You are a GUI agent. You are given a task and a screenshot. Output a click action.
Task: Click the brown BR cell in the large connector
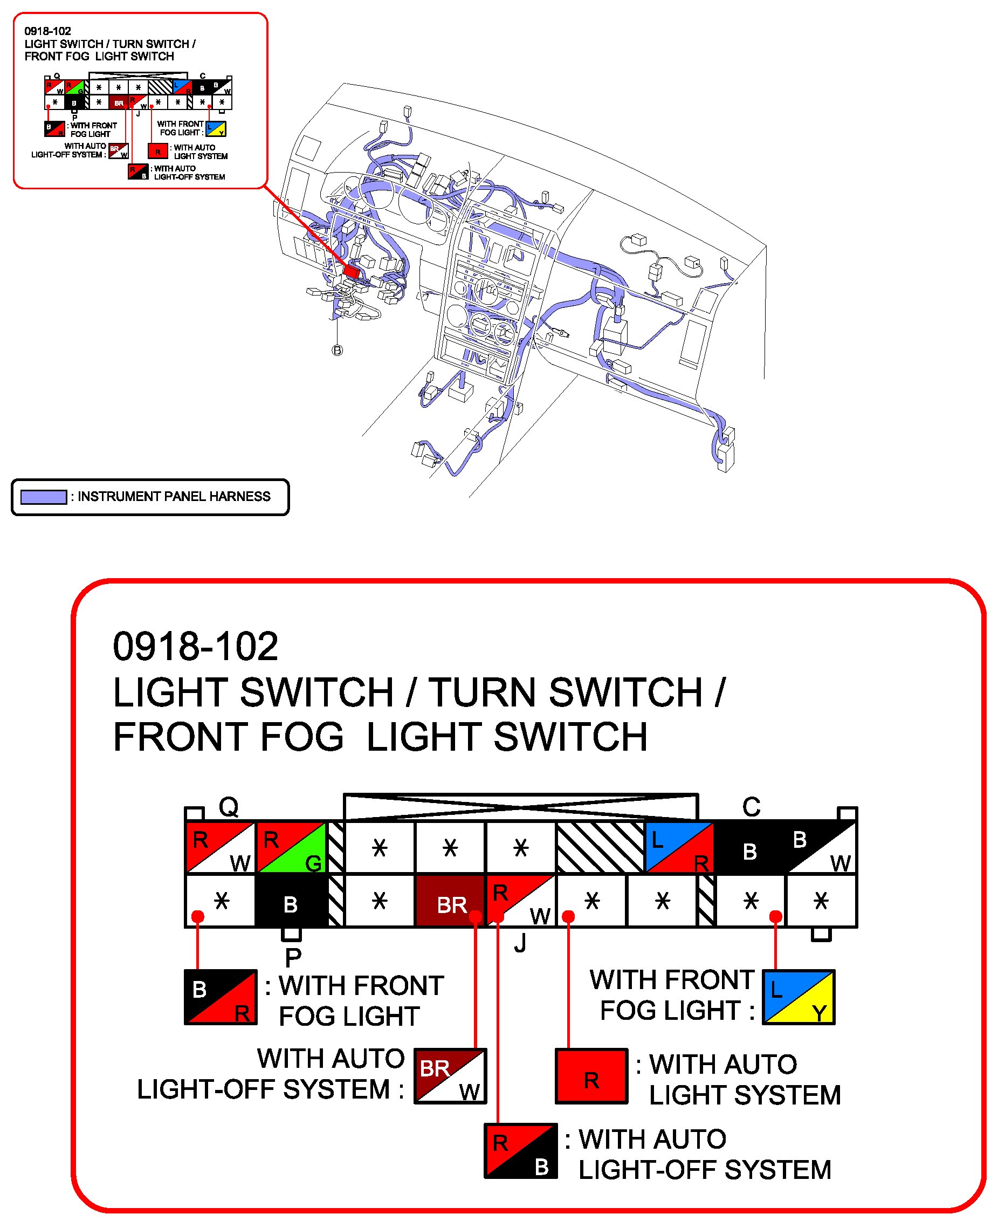450,901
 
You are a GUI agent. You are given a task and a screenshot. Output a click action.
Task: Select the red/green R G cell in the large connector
292,847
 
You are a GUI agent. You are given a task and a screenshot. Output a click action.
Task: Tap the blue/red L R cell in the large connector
679,847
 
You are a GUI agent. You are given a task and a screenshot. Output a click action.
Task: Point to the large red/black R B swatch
521,1151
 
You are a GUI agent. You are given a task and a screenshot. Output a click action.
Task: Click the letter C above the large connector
752,807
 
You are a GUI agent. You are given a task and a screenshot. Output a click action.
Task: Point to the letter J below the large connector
520,943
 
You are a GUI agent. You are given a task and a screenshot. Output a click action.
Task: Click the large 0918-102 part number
196,647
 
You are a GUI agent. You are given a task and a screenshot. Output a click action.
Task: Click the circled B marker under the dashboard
338,350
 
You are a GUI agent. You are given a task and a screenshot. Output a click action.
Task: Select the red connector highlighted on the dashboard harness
352,271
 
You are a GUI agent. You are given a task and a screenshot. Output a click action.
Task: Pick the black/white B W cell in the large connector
821,847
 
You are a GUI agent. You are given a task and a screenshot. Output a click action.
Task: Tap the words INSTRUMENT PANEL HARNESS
174,497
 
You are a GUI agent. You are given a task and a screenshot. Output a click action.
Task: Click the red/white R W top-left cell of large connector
221,847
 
